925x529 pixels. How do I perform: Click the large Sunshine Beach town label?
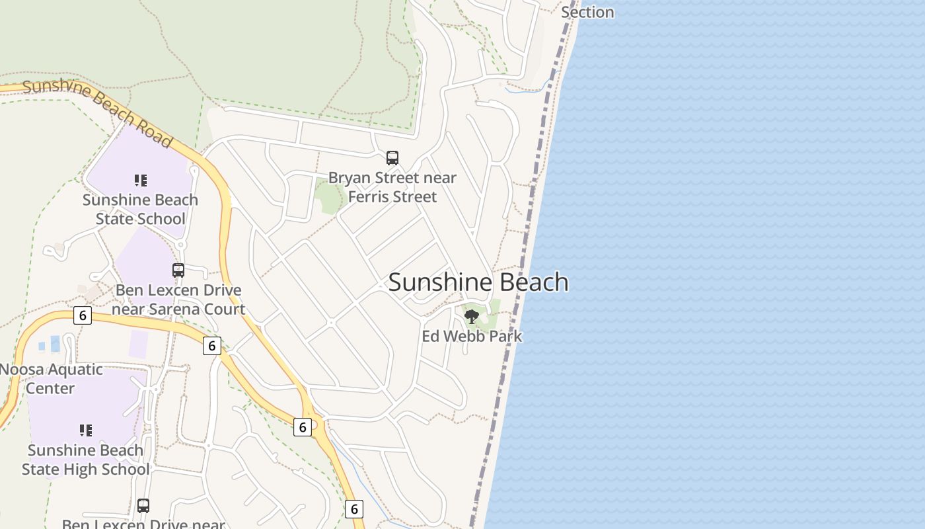pos(478,282)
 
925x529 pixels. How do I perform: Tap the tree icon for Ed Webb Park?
pos(472,316)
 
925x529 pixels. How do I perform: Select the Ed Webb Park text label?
pos(472,336)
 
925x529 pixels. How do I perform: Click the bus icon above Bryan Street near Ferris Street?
pos(392,158)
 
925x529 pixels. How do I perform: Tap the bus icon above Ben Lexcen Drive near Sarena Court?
pos(178,270)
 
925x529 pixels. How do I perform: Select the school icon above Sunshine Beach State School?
pos(140,180)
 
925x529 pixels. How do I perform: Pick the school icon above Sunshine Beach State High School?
pos(85,430)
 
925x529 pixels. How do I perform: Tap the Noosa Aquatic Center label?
pos(51,378)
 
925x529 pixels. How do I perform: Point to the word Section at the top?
pos(587,13)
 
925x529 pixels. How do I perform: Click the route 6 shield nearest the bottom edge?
pos(354,509)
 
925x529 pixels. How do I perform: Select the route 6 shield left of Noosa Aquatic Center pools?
pos(82,315)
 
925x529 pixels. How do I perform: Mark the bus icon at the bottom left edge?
pos(143,506)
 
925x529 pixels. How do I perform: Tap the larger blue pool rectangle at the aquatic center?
pos(55,343)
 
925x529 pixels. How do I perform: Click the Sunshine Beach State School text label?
pos(140,209)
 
